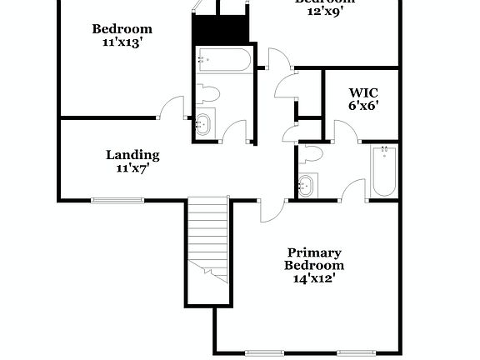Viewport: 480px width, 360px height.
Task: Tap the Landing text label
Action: [x=132, y=155]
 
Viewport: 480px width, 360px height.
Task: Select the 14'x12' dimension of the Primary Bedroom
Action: [x=313, y=278]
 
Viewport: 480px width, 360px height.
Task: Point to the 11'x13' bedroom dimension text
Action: [x=122, y=42]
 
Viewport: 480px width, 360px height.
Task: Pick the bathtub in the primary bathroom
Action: [x=384, y=171]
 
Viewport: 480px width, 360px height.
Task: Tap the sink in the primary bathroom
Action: [x=307, y=185]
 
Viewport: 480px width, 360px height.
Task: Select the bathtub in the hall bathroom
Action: [x=222, y=61]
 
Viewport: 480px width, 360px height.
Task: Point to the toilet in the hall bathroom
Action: [x=208, y=93]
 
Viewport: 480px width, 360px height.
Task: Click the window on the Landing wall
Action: [x=117, y=200]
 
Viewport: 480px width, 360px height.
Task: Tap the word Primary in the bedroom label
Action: [x=313, y=252]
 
